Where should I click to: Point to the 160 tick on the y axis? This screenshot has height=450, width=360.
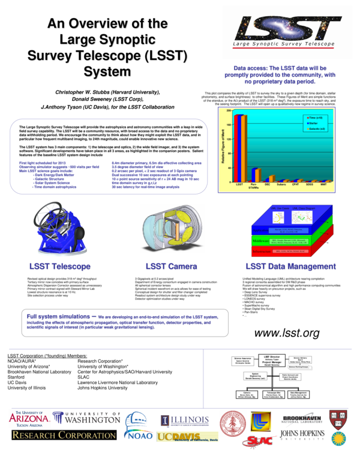227,125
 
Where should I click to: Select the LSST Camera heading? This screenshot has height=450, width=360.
170,266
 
